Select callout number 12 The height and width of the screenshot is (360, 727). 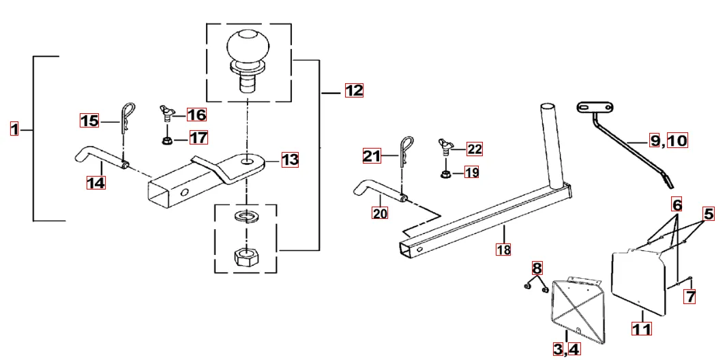pyautogui.click(x=354, y=91)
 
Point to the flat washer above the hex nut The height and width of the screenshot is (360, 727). pyautogui.click(x=246, y=217)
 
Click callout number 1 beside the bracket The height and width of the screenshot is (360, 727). pyautogui.click(x=14, y=130)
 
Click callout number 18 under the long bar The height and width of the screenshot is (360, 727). pyautogui.click(x=503, y=250)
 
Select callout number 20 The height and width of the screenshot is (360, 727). pyautogui.click(x=380, y=213)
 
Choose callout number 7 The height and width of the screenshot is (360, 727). pyautogui.click(x=691, y=296)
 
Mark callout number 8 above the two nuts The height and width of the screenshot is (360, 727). pyautogui.click(x=537, y=268)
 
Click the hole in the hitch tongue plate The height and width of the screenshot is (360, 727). pyautogui.click(x=246, y=161)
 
